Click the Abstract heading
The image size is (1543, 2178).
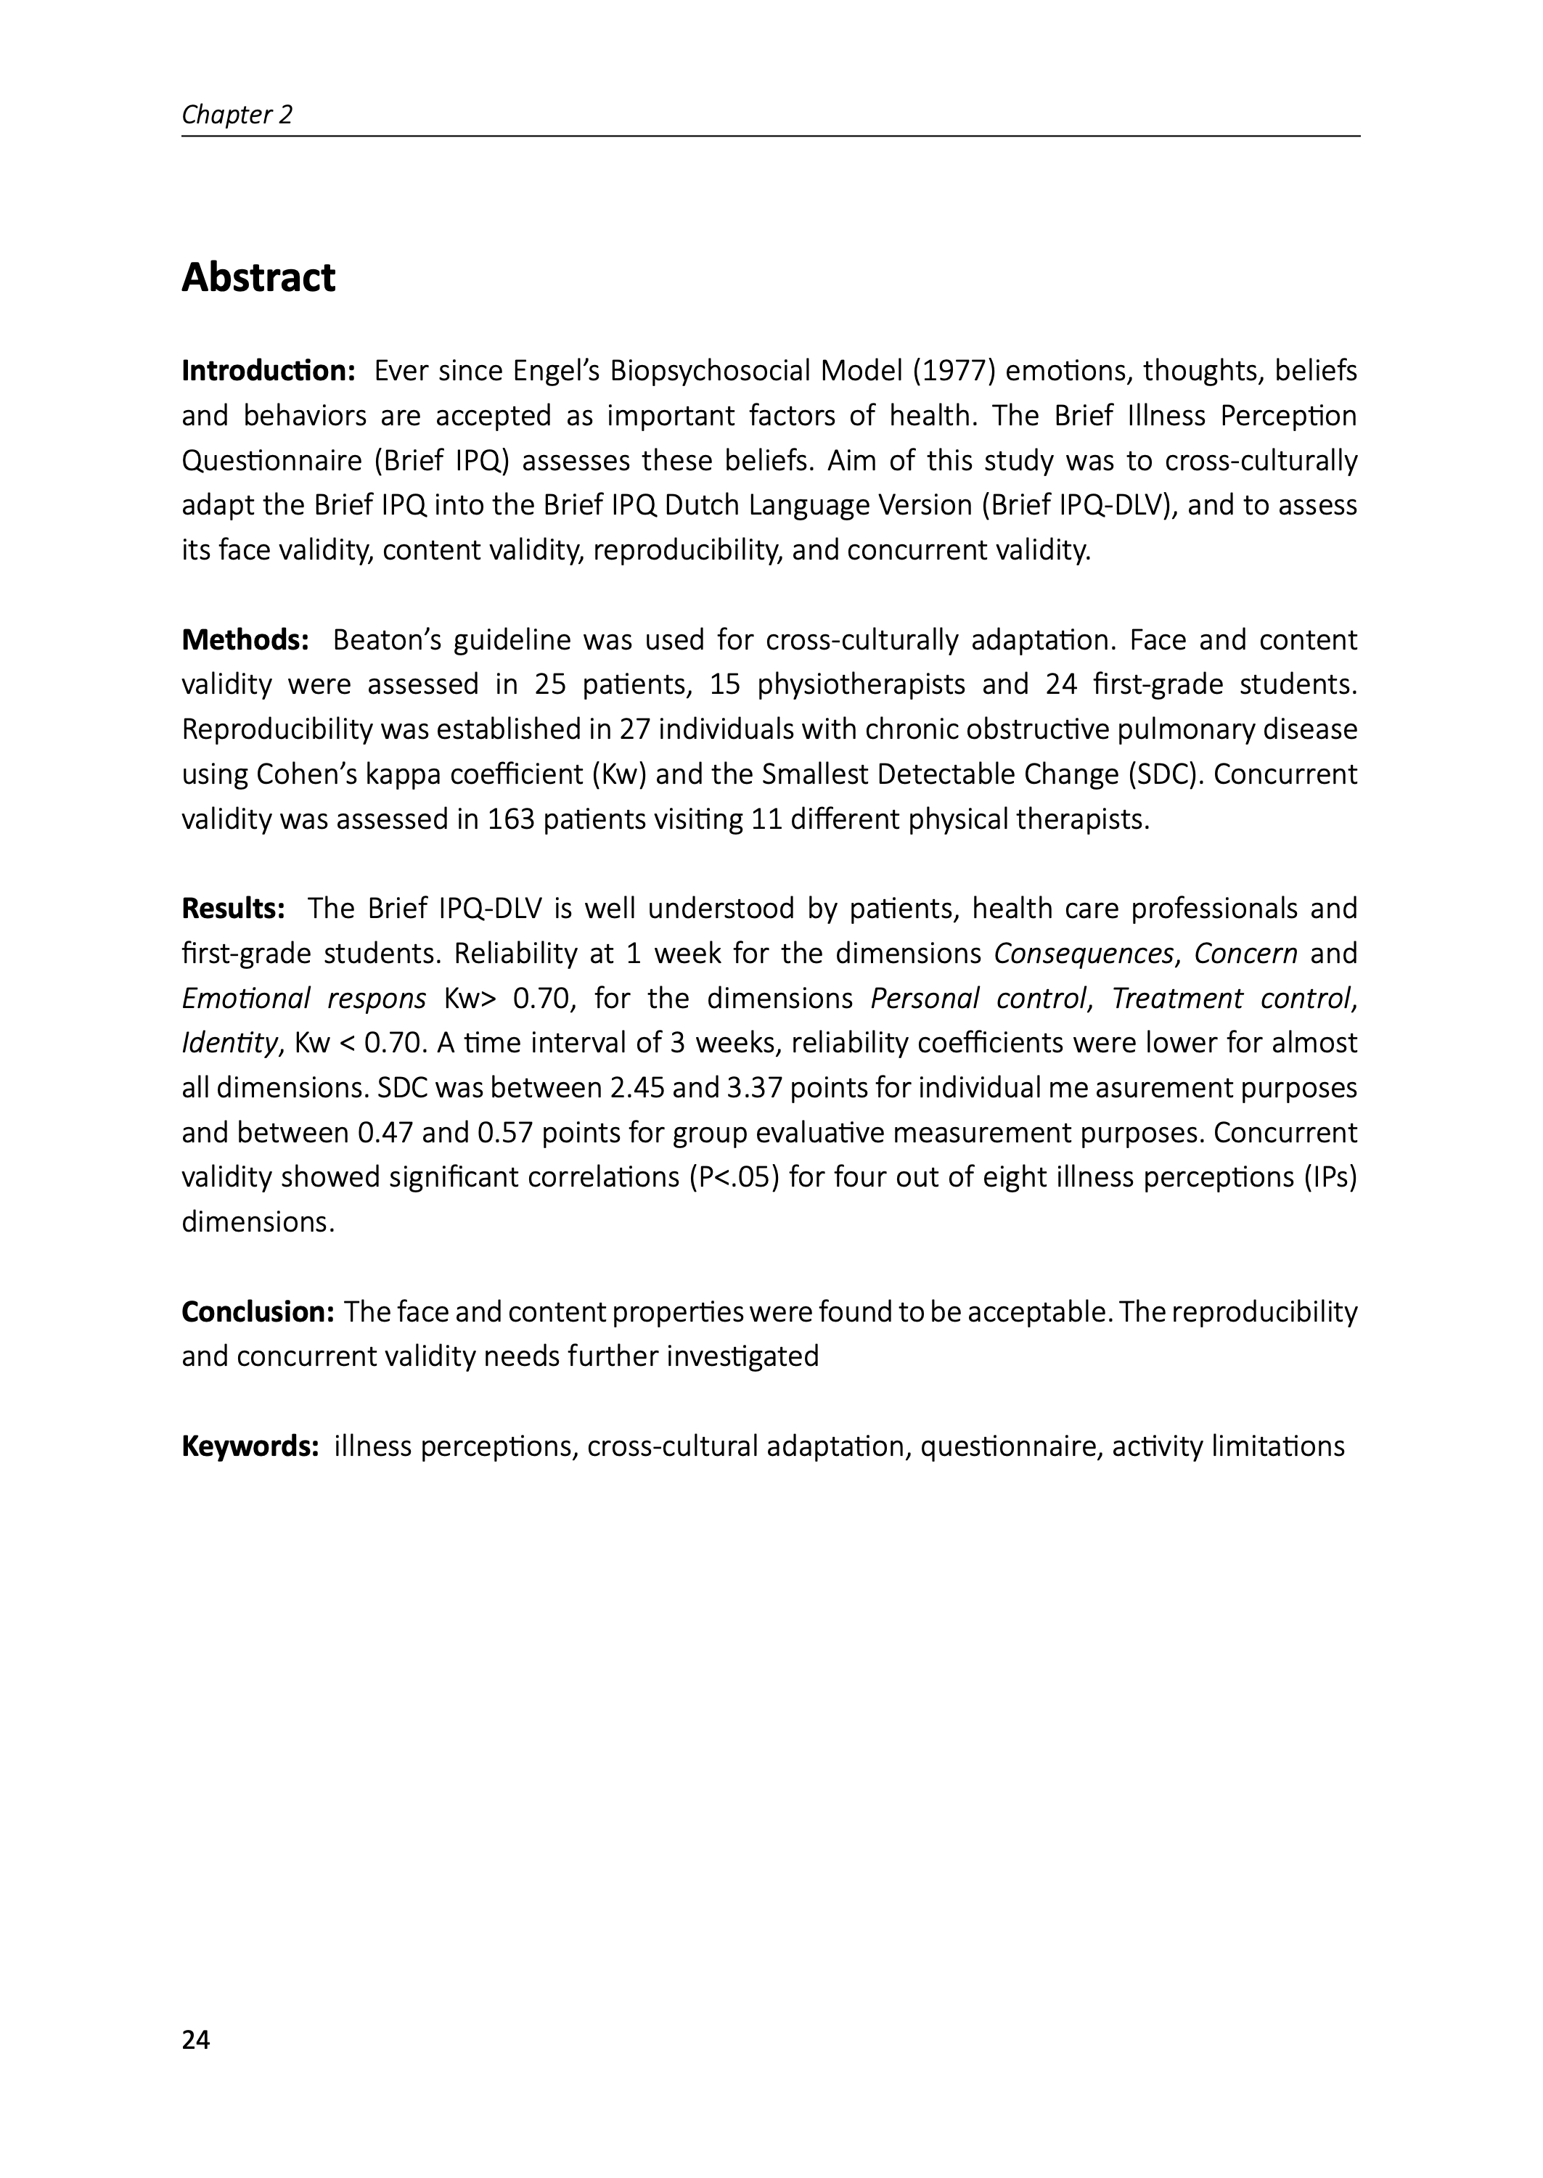click(258, 278)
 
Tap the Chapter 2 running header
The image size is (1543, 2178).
click(237, 115)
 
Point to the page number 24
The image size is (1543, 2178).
click(196, 2039)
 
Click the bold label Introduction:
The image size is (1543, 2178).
click(268, 370)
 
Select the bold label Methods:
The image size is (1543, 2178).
click(245, 640)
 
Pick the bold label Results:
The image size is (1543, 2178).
click(234, 909)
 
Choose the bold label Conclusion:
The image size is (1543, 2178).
click(258, 1311)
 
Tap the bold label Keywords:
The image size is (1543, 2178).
click(250, 1446)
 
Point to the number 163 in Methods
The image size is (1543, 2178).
click(510, 819)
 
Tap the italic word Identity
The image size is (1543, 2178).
click(229, 1044)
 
